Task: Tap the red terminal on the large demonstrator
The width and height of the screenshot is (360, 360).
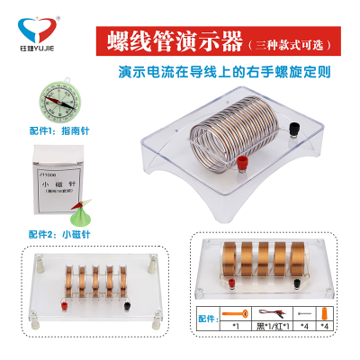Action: point(242,163)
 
